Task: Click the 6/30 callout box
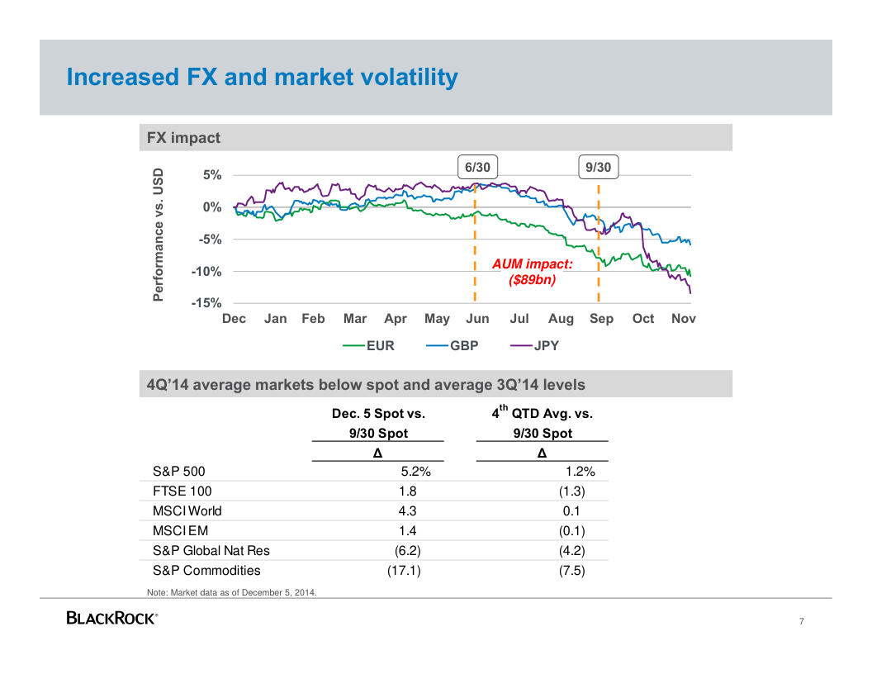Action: pos(477,167)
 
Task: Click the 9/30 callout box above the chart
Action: pos(598,167)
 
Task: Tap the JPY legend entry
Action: pos(535,346)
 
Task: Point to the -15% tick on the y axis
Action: pos(206,304)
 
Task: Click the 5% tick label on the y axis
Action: pos(212,175)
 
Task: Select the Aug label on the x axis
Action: pos(561,319)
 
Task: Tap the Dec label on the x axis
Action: pos(234,319)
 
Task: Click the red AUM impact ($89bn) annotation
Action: pos(532,273)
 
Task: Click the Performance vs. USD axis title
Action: pos(159,235)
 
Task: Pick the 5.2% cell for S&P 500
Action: pos(415,472)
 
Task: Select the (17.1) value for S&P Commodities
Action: pos(405,571)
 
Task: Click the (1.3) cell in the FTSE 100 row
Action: pos(572,491)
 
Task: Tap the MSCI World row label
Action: pos(187,511)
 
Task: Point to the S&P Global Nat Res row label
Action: pos(211,551)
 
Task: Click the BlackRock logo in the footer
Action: pos(111,619)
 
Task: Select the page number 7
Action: pos(801,622)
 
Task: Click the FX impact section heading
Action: pos(183,138)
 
